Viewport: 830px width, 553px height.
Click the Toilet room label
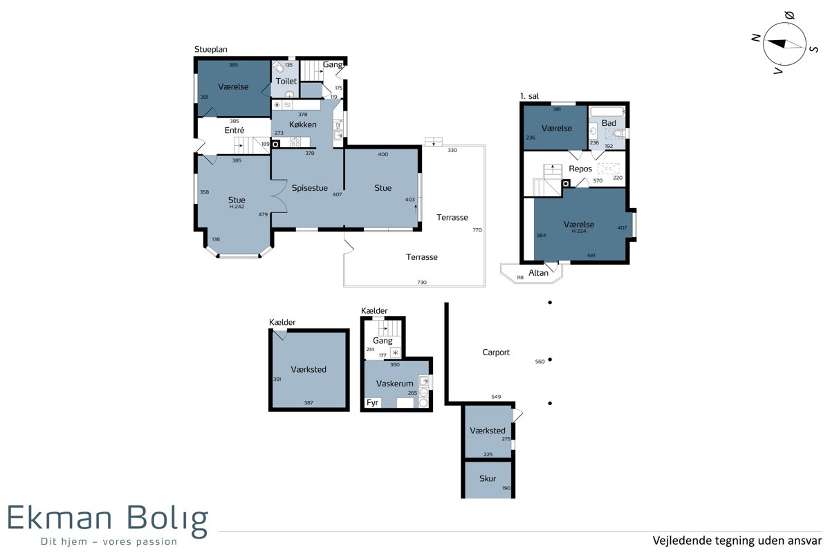[286, 81]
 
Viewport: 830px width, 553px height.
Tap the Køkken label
[303, 124]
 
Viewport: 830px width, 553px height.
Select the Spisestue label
[310, 188]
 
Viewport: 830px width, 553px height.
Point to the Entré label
[234, 131]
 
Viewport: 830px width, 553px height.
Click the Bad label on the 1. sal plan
[609, 123]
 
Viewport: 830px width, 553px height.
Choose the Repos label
[580, 169]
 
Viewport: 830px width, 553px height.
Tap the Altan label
[538, 273]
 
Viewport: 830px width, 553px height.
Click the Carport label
[496, 353]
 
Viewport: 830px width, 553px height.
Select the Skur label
[488, 478]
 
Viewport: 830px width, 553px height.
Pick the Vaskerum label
[395, 384]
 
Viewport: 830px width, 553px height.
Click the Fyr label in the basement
[372, 402]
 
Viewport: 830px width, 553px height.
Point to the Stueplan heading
[211, 50]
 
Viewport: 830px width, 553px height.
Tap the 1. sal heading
[530, 96]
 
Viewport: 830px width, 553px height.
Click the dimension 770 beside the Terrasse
[477, 230]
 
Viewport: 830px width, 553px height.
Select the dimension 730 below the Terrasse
[422, 282]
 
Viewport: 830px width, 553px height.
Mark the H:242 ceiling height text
[237, 207]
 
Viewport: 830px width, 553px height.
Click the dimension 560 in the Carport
[540, 362]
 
